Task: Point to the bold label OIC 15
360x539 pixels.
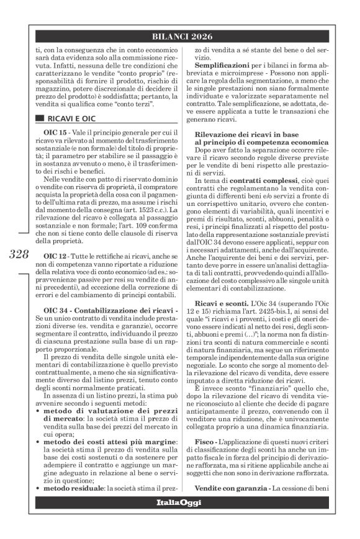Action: coord(61,149)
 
